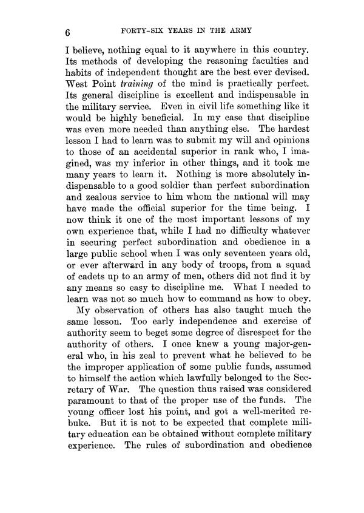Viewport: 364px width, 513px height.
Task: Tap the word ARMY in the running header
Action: (x=237, y=30)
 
